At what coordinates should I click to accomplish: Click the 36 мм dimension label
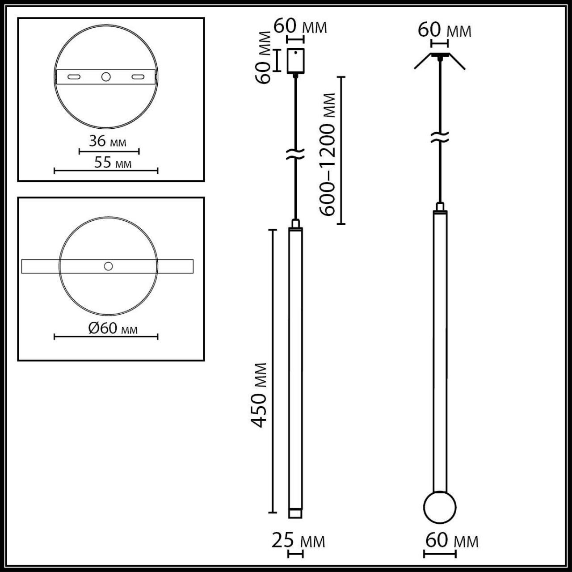(107, 141)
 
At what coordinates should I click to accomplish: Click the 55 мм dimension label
(113, 162)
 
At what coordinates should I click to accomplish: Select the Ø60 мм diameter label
(113, 328)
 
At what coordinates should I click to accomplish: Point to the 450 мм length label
(259, 395)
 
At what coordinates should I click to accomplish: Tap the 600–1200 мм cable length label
(328, 154)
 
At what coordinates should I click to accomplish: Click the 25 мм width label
(298, 541)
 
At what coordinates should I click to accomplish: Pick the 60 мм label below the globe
(451, 541)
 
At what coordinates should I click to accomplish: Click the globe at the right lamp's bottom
(439, 508)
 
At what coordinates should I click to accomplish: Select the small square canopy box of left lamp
(295, 60)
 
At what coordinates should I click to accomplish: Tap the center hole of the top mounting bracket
(106, 77)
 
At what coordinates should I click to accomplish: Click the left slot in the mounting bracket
(74, 77)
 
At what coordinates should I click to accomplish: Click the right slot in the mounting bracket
(138, 77)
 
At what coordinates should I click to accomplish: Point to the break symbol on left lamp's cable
(295, 154)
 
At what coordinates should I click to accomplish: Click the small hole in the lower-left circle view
(108, 266)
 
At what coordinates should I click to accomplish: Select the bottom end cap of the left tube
(295, 513)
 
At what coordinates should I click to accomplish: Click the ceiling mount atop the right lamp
(440, 57)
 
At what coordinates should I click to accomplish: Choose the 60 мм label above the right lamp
(444, 30)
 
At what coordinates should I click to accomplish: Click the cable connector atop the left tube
(295, 223)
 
